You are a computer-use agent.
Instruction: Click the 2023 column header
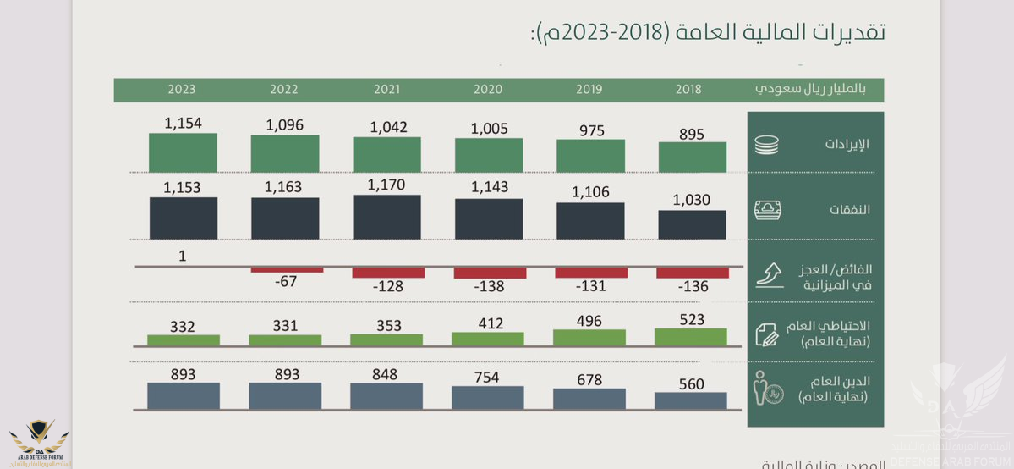[182, 89]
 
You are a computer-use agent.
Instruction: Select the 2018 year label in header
[689, 89]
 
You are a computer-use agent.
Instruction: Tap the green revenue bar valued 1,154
[183, 153]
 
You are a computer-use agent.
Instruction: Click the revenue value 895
[691, 134]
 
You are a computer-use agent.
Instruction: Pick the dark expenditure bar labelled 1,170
[387, 218]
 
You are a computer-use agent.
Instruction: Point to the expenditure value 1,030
[693, 200]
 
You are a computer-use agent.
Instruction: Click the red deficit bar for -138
[490, 273]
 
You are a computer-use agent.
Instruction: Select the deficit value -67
[286, 281]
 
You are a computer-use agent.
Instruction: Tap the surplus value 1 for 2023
[183, 255]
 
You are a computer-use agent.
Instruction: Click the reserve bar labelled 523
[691, 337]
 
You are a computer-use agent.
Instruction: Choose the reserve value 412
[490, 323]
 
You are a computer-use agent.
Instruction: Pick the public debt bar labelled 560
[691, 400]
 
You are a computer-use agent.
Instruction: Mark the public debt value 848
[387, 374]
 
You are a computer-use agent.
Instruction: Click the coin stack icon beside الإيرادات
[766, 145]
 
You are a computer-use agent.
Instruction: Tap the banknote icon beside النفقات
[767, 209]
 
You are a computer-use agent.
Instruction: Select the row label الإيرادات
[847, 145]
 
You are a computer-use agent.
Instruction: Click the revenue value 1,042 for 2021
[388, 127]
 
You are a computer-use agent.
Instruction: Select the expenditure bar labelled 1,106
[590, 221]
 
